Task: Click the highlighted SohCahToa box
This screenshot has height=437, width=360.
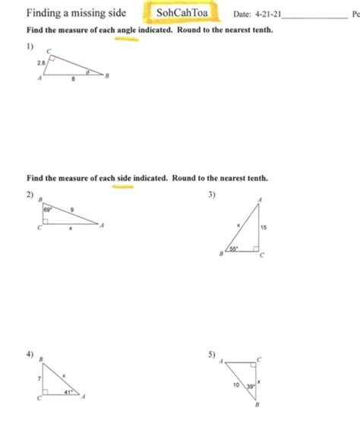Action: click(182, 14)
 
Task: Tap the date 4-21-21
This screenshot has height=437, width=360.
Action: click(268, 14)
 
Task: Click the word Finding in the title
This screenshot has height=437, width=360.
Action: click(43, 14)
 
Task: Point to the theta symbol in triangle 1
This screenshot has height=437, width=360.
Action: click(88, 73)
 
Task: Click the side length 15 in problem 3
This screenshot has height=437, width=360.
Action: click(263, 227)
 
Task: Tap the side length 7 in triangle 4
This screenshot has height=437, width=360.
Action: click(38, 378)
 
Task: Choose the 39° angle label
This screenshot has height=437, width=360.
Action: click(248, 387)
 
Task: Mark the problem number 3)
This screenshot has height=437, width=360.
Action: click(212, 195)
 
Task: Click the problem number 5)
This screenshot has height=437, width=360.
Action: click(212, 354)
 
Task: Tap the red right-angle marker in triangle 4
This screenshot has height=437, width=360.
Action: click(47, 394)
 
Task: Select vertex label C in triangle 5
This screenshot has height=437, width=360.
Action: click(259, 358)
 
